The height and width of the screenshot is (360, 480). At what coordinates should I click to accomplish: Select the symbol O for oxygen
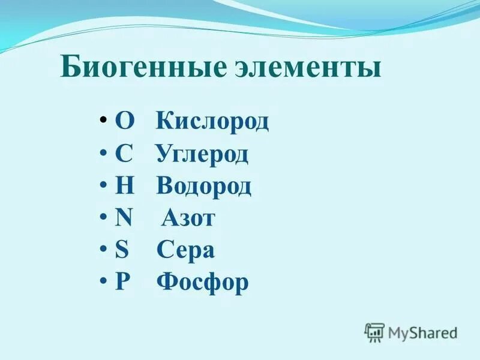(x=125, y=122)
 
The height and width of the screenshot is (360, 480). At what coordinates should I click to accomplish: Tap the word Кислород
(x=212, y=122)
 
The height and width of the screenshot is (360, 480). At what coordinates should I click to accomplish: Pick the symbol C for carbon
(x=123, y=154)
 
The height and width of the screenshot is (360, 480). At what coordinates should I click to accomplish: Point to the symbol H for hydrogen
(x=124, y=187)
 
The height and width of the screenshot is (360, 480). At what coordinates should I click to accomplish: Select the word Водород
(x=204, y=187)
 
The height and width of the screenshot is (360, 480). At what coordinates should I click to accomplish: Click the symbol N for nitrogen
(x=124, y=218)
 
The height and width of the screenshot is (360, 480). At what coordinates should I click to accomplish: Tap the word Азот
(x=188, y=218)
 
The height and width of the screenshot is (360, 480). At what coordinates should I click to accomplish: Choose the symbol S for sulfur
(x=122, y=250)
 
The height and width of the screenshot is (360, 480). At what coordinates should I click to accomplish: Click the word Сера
(x=185, y=250)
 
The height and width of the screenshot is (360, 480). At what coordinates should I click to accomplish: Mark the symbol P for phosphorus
(x=122, y=282)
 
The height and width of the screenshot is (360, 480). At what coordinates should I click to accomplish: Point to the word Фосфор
(x=202, y=283)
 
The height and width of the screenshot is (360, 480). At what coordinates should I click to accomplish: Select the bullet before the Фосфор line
(x=103, y=279)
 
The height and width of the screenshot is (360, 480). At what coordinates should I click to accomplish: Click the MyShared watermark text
(x=422, y=332)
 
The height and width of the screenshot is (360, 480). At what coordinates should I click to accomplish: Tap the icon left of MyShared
(x=374, y=332)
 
